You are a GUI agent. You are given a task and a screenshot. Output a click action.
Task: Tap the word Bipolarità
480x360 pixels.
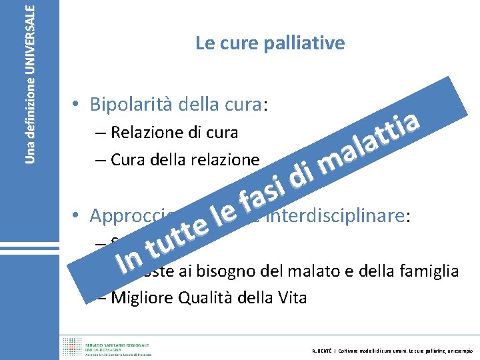point(131,105)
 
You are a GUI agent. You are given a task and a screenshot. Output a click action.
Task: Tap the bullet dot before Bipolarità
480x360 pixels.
point(78,105)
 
